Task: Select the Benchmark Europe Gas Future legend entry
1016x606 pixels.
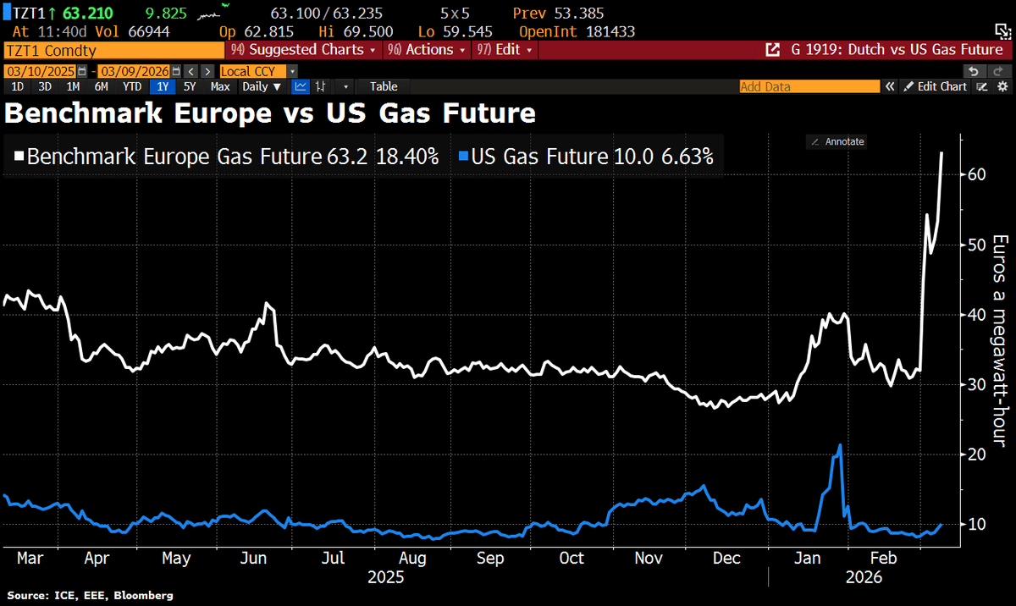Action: tap(227, 157)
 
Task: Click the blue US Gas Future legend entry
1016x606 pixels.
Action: tap(586, 157)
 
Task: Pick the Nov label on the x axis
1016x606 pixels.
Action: tap(649, 559)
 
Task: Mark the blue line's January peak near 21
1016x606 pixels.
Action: tap(839, 445)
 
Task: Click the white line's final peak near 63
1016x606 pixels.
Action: tap(942, 153)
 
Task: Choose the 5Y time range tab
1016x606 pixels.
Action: tap(190, 86)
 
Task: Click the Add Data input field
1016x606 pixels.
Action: tap(808, 86)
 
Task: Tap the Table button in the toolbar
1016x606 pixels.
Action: tap(384, 86)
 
